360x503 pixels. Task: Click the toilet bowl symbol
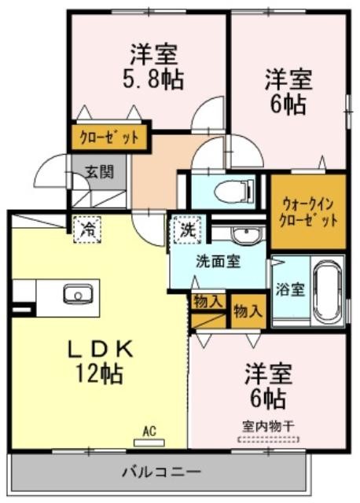[233, 191]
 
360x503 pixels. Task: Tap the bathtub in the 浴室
[327, 291]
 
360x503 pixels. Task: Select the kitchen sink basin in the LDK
[78, 294]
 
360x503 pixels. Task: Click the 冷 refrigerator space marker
[87, 229]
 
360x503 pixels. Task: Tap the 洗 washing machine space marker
[187, 229]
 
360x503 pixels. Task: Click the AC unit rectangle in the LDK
[149, 443]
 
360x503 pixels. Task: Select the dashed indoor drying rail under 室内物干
[268, 439]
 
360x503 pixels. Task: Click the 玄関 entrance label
[100, 171]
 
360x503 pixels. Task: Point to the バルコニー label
[162, 472]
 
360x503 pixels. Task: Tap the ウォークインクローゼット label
[308, 212]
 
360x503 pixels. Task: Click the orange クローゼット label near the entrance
[109, 138]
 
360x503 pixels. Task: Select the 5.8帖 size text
[153, 79]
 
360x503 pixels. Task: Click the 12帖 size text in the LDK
[99, 373]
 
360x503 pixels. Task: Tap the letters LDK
[100, 349]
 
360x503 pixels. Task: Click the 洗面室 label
[219, 262]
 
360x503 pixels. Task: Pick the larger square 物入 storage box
[249, 310]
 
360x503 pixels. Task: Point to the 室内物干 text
[268, 427]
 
